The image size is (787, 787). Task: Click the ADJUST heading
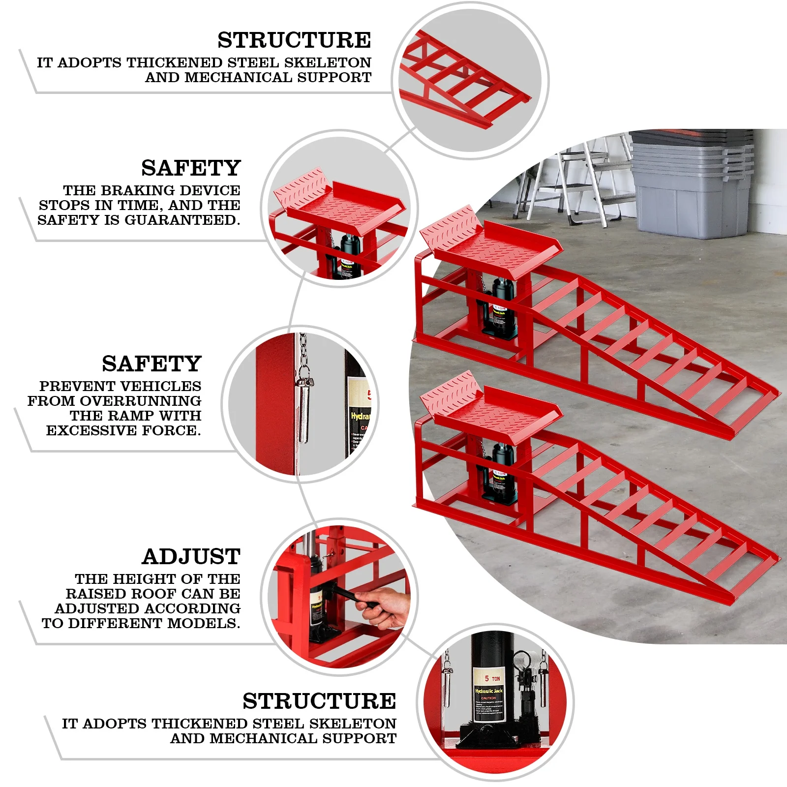coord(191,557)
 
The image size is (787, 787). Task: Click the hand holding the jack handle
coord(386,607)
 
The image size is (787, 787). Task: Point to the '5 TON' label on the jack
coord(491,678)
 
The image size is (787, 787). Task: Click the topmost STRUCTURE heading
coord(294,40)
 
